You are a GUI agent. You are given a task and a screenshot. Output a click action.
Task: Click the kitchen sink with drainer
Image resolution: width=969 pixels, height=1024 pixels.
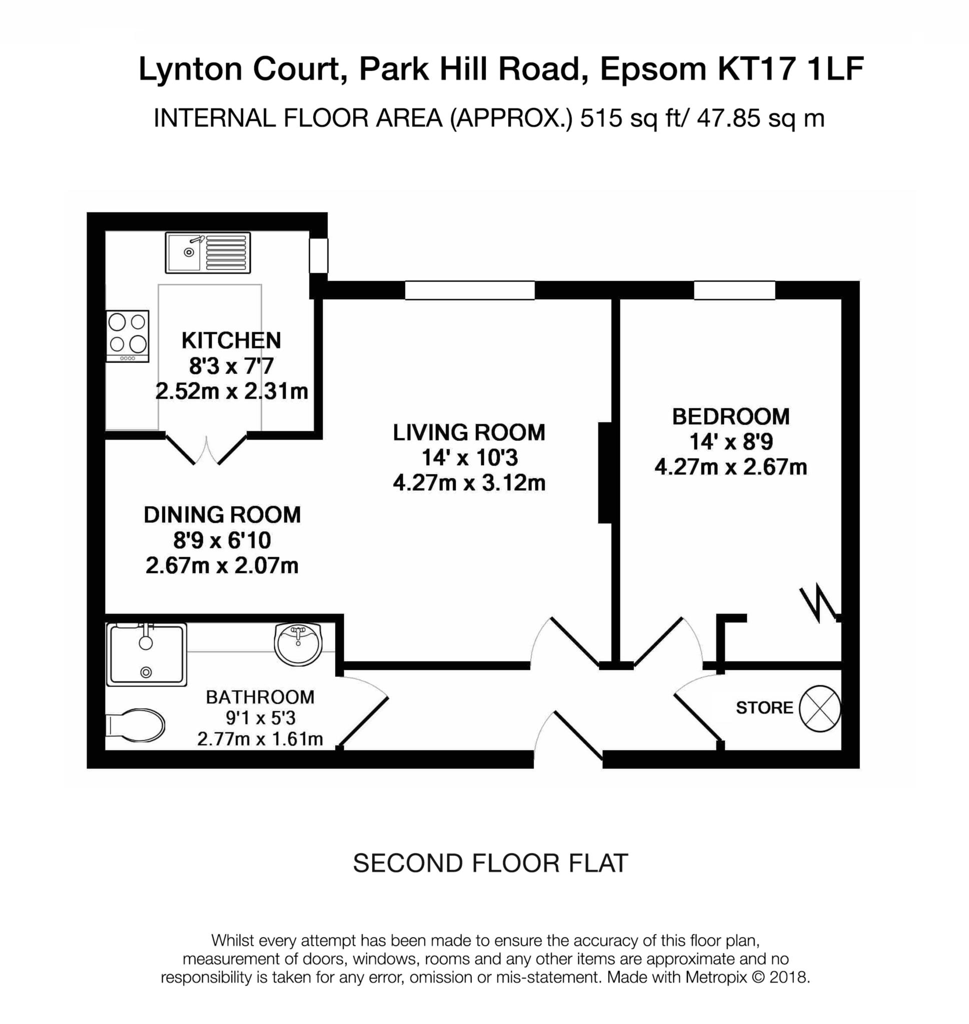pyautogui.click(x=208, y=252)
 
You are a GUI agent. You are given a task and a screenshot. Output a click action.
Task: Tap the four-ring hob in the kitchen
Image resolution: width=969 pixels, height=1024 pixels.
pyautogui.click(x=127, y=335)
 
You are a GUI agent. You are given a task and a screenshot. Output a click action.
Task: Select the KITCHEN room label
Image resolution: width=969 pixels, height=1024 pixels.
pyautogui.click(x=231, y=340)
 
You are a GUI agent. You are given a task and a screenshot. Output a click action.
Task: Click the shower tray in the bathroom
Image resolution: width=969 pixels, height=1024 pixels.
pyautogui.click(x=146, y=655)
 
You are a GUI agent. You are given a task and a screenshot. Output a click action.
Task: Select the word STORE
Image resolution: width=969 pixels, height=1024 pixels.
pyautogui.click(x=764, y=707)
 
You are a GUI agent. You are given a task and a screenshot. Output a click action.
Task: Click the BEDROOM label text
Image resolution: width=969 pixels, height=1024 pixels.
pyautogui.click(x=730, y=416)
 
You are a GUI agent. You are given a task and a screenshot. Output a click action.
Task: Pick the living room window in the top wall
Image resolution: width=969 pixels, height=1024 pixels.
pyautogui.click(x=470, y=290)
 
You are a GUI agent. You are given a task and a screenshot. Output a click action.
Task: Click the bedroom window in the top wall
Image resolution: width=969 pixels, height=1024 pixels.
pyautogui.click(x=734, y=290)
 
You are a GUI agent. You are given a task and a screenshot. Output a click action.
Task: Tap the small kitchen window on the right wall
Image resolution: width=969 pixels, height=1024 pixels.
pyautogui.click(x=319, y=255)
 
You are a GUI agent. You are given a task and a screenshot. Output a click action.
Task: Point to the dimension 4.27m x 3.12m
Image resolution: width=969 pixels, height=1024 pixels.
pyautogui.click(x=469, y=483)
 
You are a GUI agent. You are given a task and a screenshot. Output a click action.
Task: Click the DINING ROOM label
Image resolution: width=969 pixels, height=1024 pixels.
pyautogui.click(x=222, y=514)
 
